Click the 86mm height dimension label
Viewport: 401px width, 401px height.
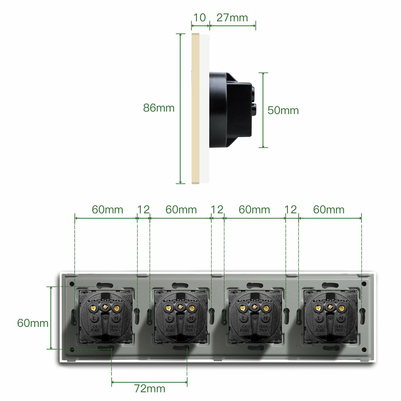click(159, 108)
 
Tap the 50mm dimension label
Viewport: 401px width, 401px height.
click(283, 110)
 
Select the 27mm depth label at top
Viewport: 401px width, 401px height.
click(232, 18)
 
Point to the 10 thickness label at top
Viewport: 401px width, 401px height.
click(200, 18)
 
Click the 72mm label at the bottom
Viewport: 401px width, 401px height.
click(150, 388)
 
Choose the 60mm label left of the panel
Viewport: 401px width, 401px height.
click(33, 323)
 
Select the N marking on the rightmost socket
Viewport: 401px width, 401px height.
click(341, 318)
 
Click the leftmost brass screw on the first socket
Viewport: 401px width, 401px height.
click(93, 308)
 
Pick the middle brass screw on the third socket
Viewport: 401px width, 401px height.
click(254, 306)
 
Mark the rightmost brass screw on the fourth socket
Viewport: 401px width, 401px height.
click(341, 308)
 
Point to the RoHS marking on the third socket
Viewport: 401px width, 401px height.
click(245, 330)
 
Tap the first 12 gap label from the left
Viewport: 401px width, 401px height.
click(143, 210)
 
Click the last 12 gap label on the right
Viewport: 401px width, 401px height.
click(291, 210)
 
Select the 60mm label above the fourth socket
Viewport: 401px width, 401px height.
click(329, 210)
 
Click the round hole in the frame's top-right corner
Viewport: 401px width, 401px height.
click(364, 284)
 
